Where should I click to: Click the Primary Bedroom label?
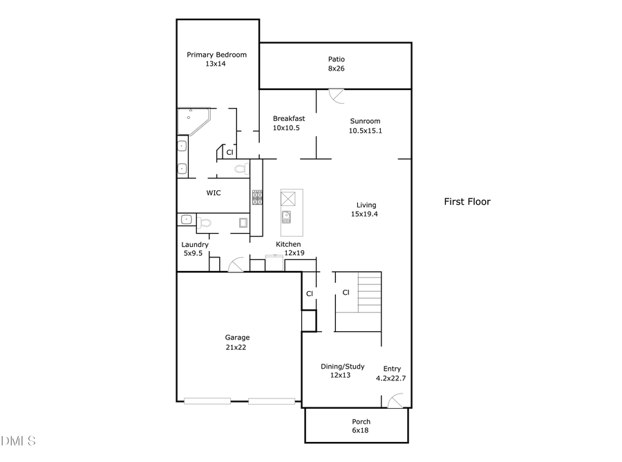(x=216, y=55)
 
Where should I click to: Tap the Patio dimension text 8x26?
(x=336, y=68)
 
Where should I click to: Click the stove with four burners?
(x=257, y=197)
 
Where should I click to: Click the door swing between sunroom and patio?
(x=336, y=96)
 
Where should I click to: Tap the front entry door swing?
(x=395, y=400)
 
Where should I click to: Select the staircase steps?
(x=369, y=293)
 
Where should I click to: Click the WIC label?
(x=214, y=193)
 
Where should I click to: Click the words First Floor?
(x=466, y=202)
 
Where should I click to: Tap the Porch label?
(x=361, y=421)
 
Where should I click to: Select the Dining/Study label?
(x=342, y=367)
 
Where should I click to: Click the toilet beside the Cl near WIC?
(x=240, y=169)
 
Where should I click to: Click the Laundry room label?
(x=195, y=245)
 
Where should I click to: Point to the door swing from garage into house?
(x=235, y=264)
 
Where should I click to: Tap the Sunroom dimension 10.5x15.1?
(x=365, y=130)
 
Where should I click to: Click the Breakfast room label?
(x=288, y=118)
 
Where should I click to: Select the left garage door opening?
(x=207, y=400)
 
